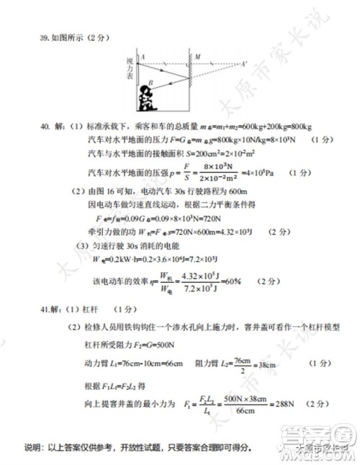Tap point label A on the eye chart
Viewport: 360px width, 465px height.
point(143,55)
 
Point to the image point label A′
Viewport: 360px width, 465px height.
point(245,63)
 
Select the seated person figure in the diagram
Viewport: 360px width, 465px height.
point(148,98)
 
